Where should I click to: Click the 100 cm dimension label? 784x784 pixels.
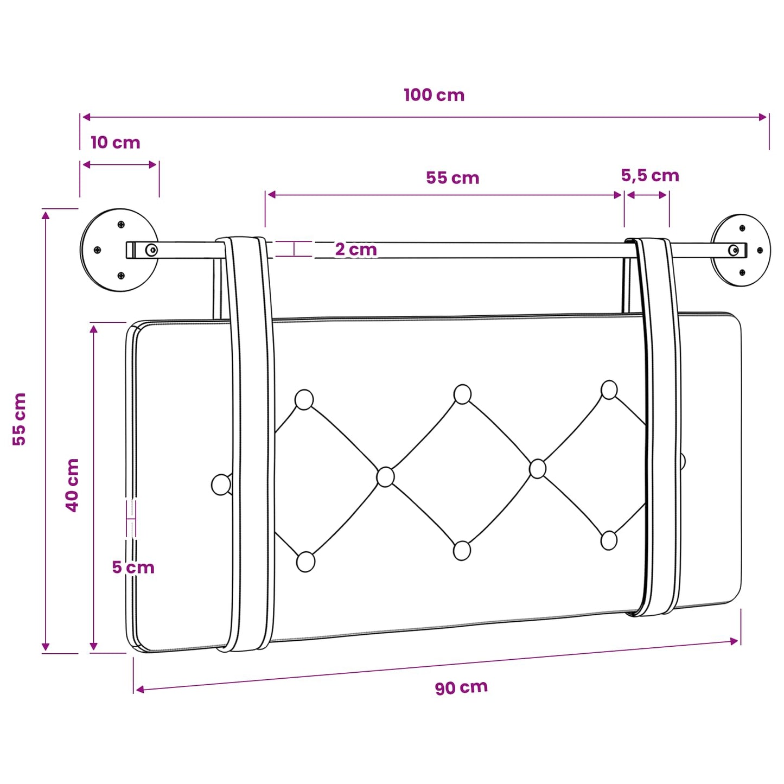pos(434,95)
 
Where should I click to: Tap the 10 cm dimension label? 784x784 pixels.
pos(116,143)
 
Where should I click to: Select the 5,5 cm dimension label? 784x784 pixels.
pos(650,176)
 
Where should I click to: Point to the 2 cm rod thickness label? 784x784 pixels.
pos(356,250)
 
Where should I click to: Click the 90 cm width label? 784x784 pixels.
pos(461,687)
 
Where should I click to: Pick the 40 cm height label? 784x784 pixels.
pos(72,485)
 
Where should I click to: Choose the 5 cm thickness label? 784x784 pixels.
pos(133,568)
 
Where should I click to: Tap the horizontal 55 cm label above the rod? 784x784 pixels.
pos(452,178)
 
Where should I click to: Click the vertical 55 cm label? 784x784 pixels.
pos(19,419)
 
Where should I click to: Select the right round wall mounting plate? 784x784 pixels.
pos(741,250)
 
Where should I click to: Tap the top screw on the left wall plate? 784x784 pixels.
pos(121,224)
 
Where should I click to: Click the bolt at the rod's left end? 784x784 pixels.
pos(151,249)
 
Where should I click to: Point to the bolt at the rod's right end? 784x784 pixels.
pos(734,250)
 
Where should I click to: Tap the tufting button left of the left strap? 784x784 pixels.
pos(221,485)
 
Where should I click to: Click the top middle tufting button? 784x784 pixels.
pos(462,394)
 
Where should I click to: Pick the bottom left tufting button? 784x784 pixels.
pos(305,562)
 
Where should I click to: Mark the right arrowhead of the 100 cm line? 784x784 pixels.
pos(763,117)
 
